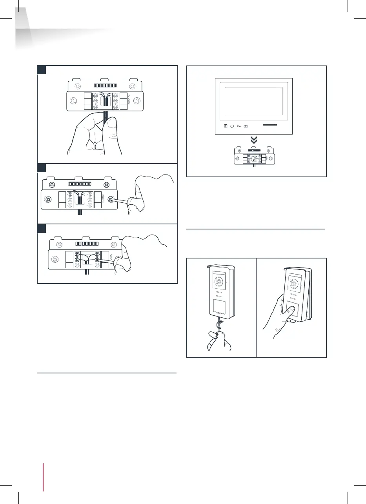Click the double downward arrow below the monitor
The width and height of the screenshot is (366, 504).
(254, 140)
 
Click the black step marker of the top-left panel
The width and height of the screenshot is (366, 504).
(41, 69)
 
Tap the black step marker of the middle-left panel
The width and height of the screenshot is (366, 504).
(41, 167)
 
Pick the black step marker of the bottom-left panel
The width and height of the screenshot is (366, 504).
(41, 228)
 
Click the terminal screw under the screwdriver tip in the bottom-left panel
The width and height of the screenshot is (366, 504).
(97, 259)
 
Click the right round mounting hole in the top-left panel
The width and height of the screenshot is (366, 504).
(136, 100)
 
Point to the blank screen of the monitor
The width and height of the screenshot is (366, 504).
(254, 101)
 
